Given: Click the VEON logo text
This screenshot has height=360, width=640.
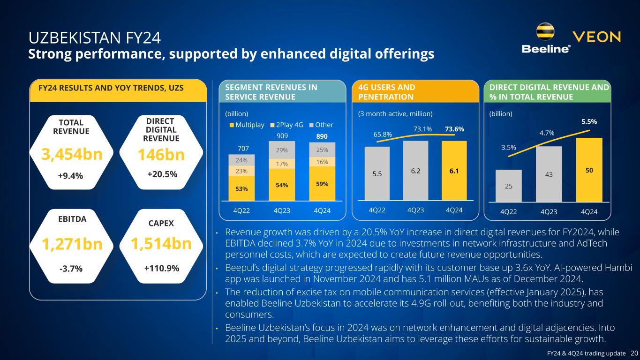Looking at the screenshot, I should tap(597, 37).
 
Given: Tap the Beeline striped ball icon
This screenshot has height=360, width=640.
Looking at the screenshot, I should tap(546, 32).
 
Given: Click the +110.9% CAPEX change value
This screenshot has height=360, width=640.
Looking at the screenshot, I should tap(161, 269).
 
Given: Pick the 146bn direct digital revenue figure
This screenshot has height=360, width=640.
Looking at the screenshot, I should tap(161, 155).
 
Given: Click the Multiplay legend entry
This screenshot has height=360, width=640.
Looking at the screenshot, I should tap(247, 125).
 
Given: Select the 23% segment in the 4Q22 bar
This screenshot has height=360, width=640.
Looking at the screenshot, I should tap(241, 171).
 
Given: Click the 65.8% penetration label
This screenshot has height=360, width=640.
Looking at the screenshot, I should tap(383, 134).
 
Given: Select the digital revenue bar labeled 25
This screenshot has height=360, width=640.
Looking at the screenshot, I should tap(508, 186).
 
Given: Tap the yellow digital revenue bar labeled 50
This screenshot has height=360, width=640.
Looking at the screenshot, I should tap(589, 170).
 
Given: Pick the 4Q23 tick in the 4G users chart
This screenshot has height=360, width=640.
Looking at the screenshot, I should tap(413, 210).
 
